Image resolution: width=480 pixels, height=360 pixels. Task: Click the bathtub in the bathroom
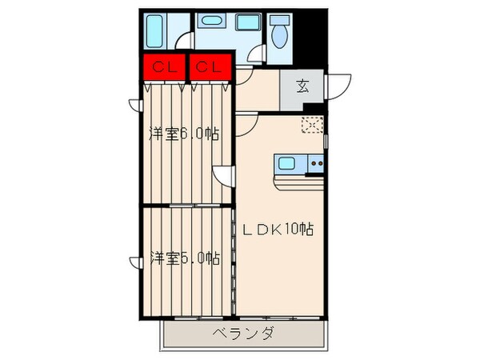(x=154, y=31)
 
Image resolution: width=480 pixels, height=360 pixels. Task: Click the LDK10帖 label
(x=278, y=229)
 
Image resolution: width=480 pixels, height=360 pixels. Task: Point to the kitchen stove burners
(x=314, y=166)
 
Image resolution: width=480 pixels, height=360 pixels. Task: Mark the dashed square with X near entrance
(x=311, y=125)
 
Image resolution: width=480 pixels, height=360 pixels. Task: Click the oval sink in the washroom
(x=211, y=22)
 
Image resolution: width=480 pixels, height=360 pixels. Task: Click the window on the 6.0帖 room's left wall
(x=134, y=104)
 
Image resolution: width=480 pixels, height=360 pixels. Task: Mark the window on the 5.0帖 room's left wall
(x=134, y=261)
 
